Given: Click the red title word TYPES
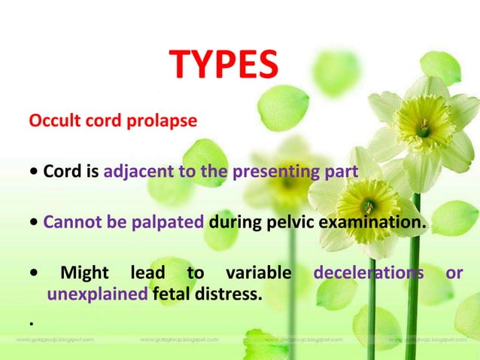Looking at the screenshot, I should tap(223, 66).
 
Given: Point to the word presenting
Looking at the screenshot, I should tap(279, 171).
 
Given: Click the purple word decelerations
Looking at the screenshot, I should tap(368, 273).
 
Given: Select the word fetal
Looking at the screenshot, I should tap(172, 293).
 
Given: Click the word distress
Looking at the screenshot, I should tap(229, 293).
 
